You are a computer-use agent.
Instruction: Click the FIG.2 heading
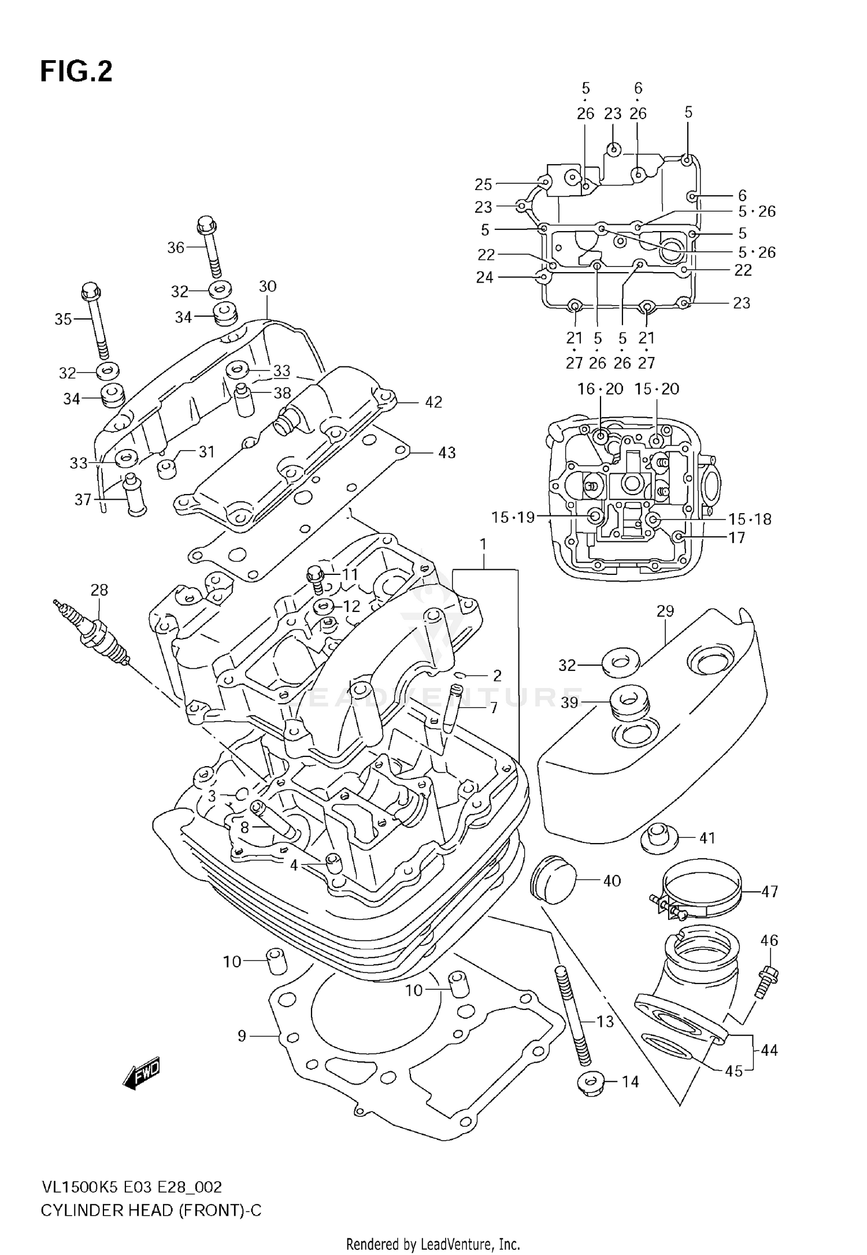(76, 72)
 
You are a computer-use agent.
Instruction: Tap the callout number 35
(63, 319)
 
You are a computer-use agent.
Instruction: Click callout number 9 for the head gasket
(242, 1036)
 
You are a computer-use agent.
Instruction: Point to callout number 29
(665, 611)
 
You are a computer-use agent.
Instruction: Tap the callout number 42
(433, 402)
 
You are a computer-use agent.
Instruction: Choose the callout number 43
(446, 452)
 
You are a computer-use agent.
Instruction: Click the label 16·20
(600, 389)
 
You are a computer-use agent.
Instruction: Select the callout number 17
(736, 537)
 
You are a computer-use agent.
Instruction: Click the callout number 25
(483, 184)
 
